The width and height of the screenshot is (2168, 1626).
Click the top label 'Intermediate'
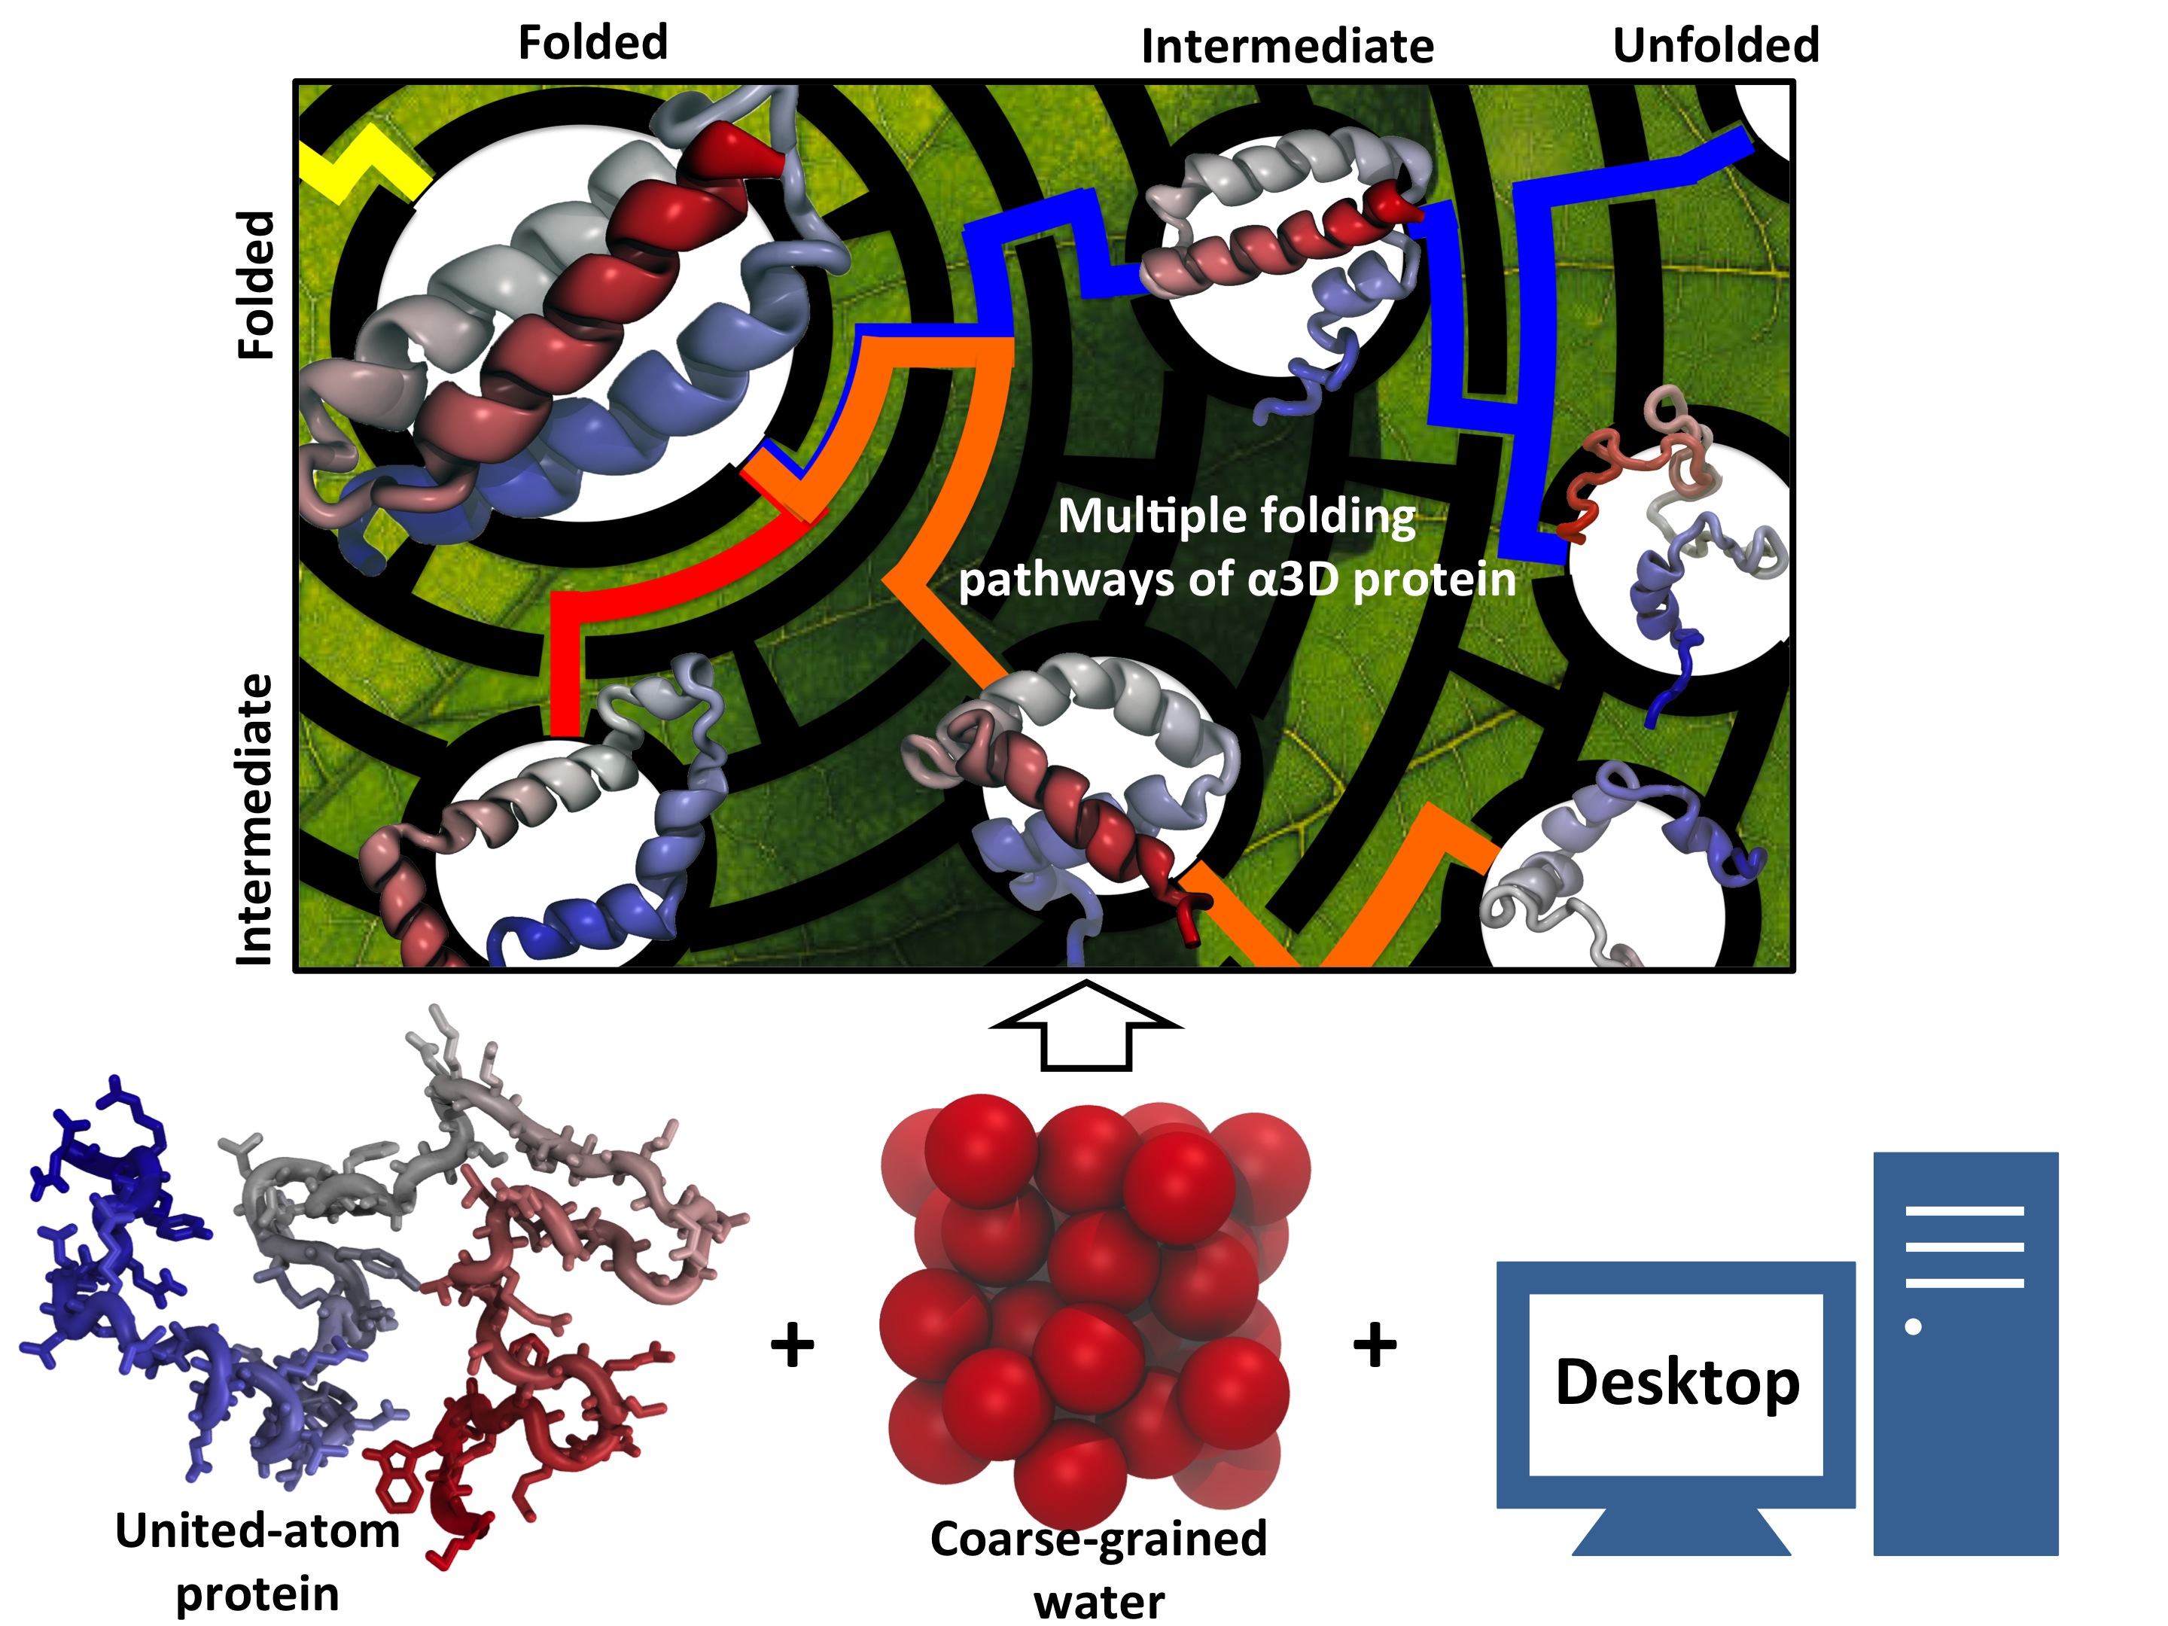coord(1287,47)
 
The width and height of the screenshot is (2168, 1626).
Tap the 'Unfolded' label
coord(1715,45)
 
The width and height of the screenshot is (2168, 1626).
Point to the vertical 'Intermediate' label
coord(255,819)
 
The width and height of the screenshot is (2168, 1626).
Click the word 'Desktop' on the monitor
coord(1677,1383)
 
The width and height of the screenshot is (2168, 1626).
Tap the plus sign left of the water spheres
coord(792,1344)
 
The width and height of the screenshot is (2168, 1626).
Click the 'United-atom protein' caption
coord(257,1562)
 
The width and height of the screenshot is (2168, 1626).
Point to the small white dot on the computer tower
coord(1912,1327)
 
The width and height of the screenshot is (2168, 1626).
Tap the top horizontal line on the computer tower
coord(1964,1211)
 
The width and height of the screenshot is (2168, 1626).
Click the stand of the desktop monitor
coord(1680,1532)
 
